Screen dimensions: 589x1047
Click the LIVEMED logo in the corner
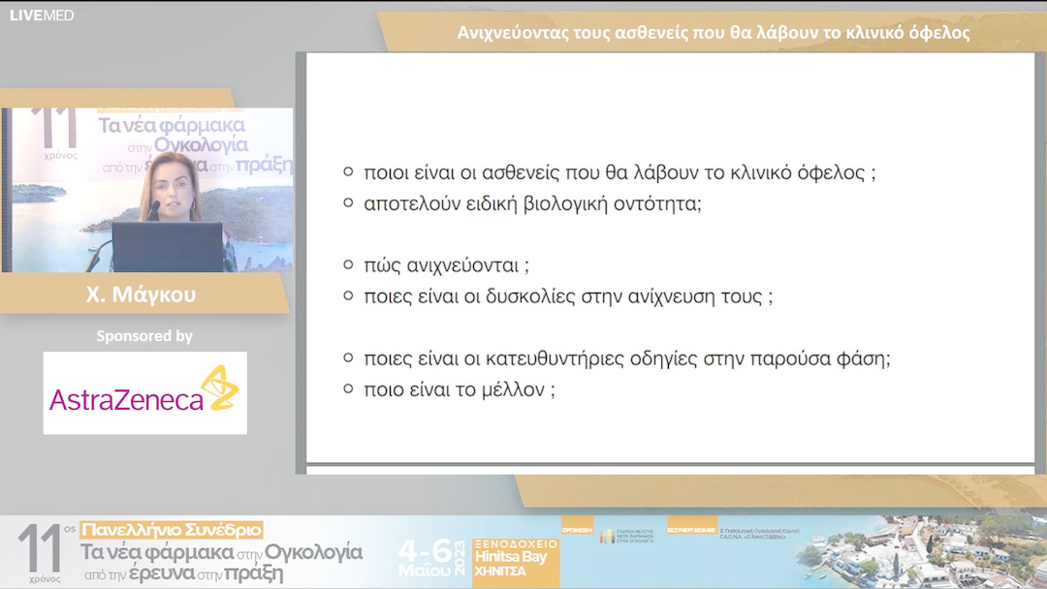tap(42, 15)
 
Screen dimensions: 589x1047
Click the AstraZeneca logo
tap(144, 393)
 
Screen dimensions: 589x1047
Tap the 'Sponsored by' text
tap(144, 336)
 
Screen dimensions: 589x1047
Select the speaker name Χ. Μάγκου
tap(141, 294)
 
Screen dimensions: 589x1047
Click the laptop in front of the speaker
tap(167, 247)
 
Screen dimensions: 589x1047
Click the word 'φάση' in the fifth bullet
tap(860, 358)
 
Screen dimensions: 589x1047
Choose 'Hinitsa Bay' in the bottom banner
tap(510, 557)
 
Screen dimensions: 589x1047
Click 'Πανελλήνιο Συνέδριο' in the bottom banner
tap(172, 530)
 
